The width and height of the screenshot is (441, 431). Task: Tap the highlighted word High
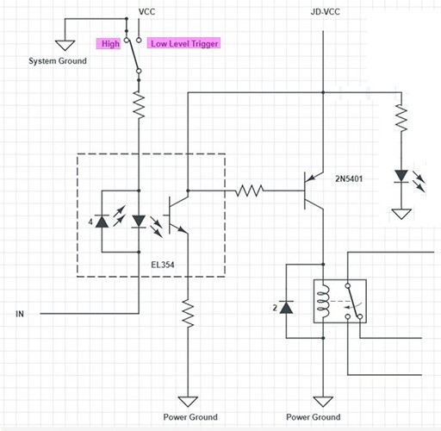(x=109, y=43)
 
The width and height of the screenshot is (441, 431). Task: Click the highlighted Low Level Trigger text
(x=184, y=43)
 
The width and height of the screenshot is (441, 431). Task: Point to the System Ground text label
(x=58, y=61)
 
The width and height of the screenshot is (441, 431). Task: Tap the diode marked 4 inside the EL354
(x=102, y=222)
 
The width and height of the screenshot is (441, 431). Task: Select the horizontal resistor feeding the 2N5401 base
(x=251, y=188)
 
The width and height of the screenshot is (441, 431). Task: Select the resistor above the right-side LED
(x=400, y=117)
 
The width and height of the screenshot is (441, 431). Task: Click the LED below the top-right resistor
(x=401, y=177)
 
